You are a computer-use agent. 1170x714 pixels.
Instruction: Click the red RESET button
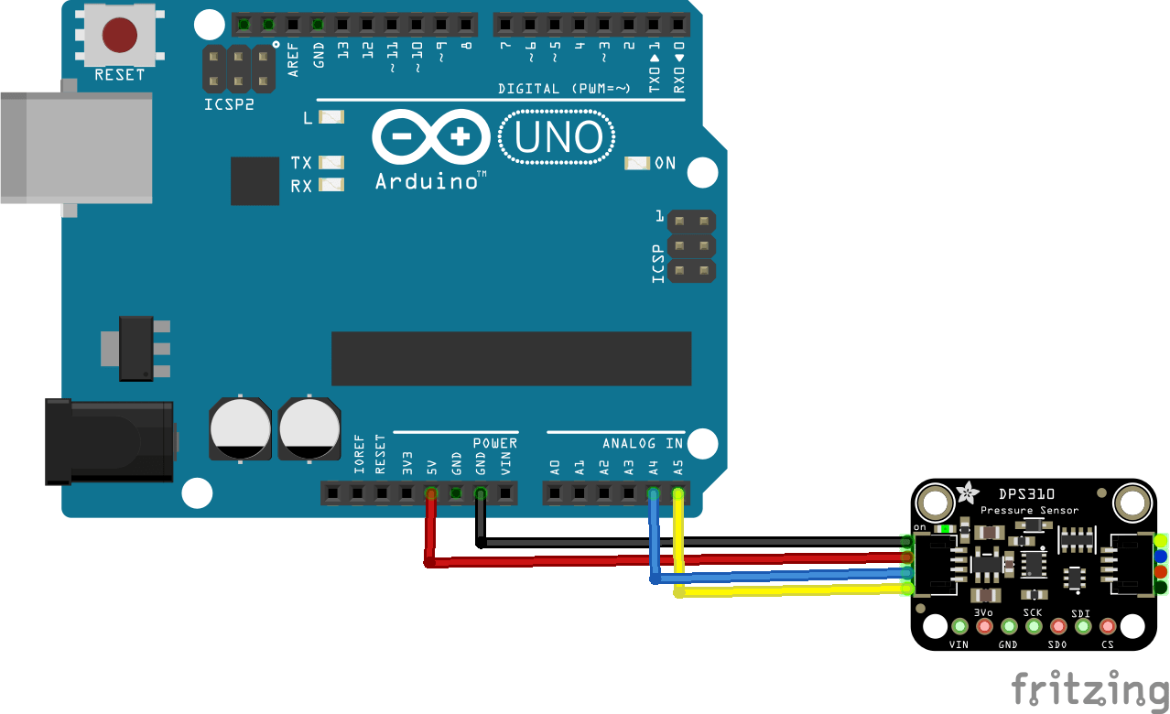[x=120, y=36]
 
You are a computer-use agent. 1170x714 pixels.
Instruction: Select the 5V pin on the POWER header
[x=431, y=494]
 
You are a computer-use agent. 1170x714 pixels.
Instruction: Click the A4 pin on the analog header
[x=653, y=494]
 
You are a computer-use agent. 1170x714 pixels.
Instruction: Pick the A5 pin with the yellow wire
[x=677, y=494]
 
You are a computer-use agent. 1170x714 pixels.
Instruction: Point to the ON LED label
[x=665, y=163]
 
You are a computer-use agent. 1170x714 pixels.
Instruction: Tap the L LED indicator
[x=330, y=117]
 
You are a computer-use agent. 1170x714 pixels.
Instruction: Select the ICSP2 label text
[x=229, y=104]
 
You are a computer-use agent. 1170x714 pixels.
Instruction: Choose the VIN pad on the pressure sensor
[x=959, y=627]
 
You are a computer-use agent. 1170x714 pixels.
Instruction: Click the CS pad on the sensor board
[x=1108, y=627]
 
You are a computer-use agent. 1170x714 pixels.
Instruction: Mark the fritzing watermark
[x=1089, y=689]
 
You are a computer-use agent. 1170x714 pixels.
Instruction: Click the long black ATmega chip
[x=511, y=359]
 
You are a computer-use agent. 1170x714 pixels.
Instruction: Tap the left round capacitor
[x=241, y=428]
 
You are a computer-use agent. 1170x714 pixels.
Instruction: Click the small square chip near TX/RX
[x=255, y=181]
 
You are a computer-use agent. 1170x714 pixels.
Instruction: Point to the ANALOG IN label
[x=643, y=443]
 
